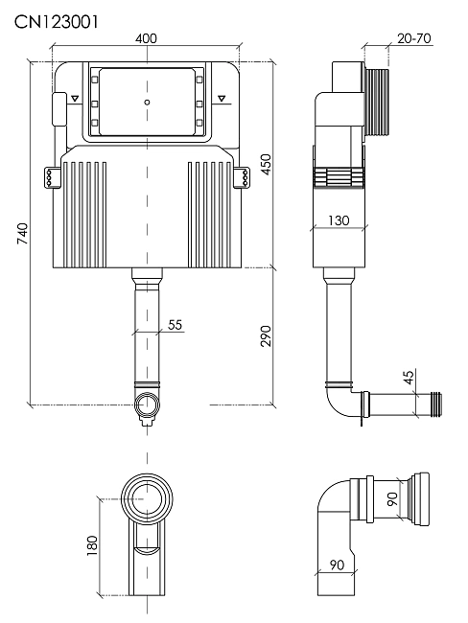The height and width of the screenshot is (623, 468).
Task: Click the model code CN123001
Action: coord(56,22)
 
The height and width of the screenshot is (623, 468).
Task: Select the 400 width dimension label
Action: coord(146,38)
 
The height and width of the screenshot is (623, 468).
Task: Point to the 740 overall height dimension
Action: coord(23,234)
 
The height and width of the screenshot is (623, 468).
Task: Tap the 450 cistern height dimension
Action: coord(266,164)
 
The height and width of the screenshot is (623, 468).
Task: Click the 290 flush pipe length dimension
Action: coord(266,335)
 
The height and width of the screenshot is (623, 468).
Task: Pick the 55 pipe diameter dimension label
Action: coord(175,325)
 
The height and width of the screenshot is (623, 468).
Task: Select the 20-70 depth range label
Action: coord(414,38)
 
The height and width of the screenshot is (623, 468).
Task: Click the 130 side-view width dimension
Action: coord(339,220)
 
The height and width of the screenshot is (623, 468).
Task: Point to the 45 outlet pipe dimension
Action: coord(409,377)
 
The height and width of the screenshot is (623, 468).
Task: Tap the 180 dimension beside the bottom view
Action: coord(92,545)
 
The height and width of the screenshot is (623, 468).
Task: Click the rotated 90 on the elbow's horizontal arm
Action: coord(392,498)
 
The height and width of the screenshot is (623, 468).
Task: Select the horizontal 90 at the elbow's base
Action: coord(337,565)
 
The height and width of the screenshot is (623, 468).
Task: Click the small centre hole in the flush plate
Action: coord(147,103)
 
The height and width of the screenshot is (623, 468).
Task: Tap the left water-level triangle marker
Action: coord(75,98)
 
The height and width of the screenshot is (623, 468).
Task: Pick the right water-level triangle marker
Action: coord(222,98)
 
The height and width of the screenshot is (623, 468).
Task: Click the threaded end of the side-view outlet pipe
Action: coord(436,404)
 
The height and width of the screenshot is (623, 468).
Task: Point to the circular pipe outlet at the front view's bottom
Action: coord(147,404)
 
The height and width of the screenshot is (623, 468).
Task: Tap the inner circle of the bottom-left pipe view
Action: coord(147,498)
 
